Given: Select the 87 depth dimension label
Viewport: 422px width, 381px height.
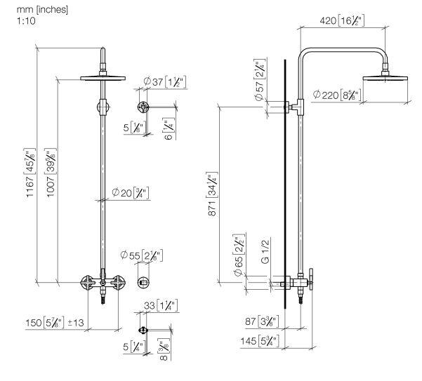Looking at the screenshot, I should click(261, 322).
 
